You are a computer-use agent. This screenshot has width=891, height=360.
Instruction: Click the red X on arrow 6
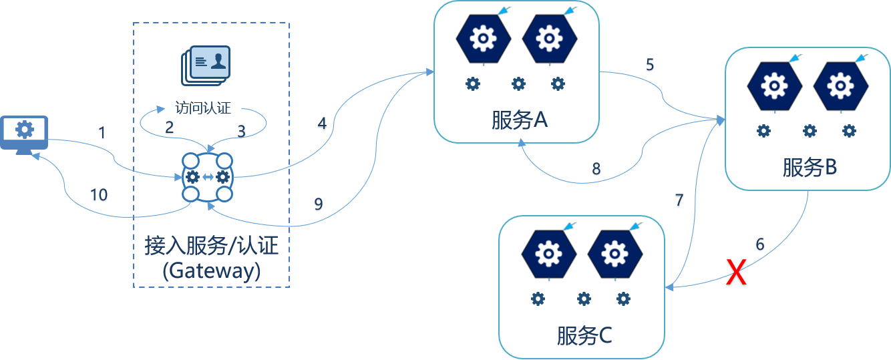click(735, 274)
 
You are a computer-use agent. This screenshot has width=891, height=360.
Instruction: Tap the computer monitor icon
click(25, 133)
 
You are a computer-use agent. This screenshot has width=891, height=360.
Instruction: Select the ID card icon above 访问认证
click(206, 64)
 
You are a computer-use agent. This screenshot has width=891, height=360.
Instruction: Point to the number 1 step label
click(102, 134)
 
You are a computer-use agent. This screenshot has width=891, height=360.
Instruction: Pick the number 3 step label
click(242, 132)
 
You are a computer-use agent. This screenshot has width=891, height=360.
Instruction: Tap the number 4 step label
click(322, 124)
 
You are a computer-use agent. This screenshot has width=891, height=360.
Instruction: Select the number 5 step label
click(649, 65)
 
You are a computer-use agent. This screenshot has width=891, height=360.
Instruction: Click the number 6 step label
click(760, 244)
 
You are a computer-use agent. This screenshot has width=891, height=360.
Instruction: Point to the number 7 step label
click(679, 201)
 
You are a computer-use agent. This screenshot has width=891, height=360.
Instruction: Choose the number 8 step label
click(596, 170)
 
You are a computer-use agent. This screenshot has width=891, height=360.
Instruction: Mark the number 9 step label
click(319, 204)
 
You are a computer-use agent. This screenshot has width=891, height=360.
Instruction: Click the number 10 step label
click(98, 195)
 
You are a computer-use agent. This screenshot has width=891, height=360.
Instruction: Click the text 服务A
click(519, 121)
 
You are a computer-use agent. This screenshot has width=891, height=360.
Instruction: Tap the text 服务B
click(810, 168)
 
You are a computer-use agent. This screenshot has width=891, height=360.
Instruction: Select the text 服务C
click(584, 336)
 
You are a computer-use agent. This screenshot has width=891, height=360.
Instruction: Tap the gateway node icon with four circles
click(208, 177)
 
